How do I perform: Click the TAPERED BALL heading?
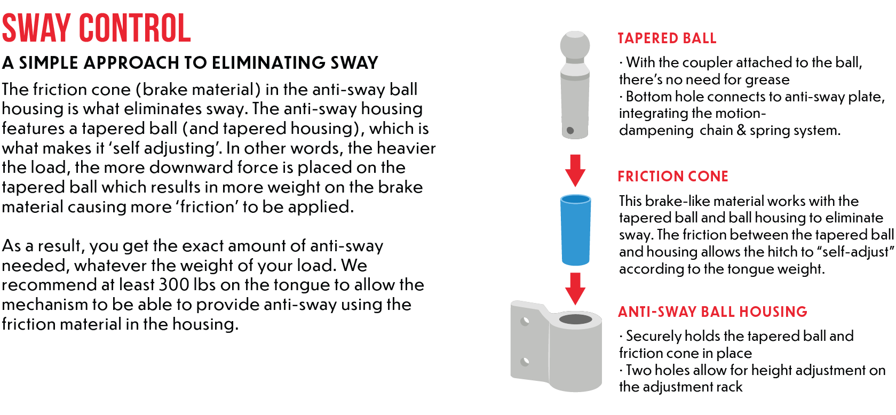[667, 38]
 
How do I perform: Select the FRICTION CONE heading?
[672, 176]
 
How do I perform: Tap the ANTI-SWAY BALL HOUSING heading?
[712, 312]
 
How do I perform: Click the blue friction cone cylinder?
[575, 230]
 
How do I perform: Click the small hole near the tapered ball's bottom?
[570, 130]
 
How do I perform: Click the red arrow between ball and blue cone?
[575, 170]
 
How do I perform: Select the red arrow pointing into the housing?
[575, 288]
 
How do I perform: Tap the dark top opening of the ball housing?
[575, 320]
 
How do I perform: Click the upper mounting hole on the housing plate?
[525, 322]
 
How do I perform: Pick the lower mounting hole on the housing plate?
[525, 362]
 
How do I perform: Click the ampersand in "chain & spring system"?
[741, 130]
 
